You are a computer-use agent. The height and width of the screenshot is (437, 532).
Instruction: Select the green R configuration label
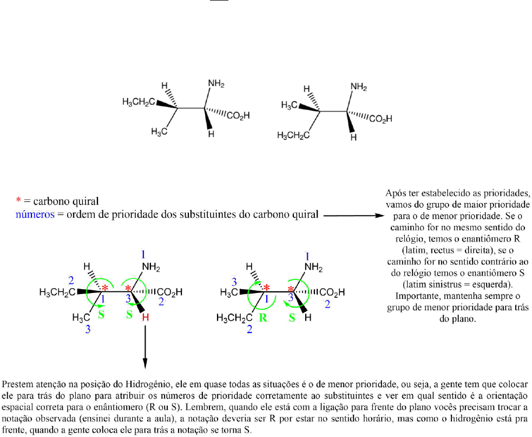pyautogui.click(x=264, y=317)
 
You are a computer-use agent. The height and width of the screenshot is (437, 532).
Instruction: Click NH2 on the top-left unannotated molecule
pyautogui.click(x=215, y=85)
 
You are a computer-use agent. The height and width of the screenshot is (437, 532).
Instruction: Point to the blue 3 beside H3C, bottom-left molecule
pyautogui.click(x=87, y=330)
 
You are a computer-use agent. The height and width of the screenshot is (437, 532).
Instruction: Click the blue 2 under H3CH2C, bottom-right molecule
pyautogui.click(x=248, y=330)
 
